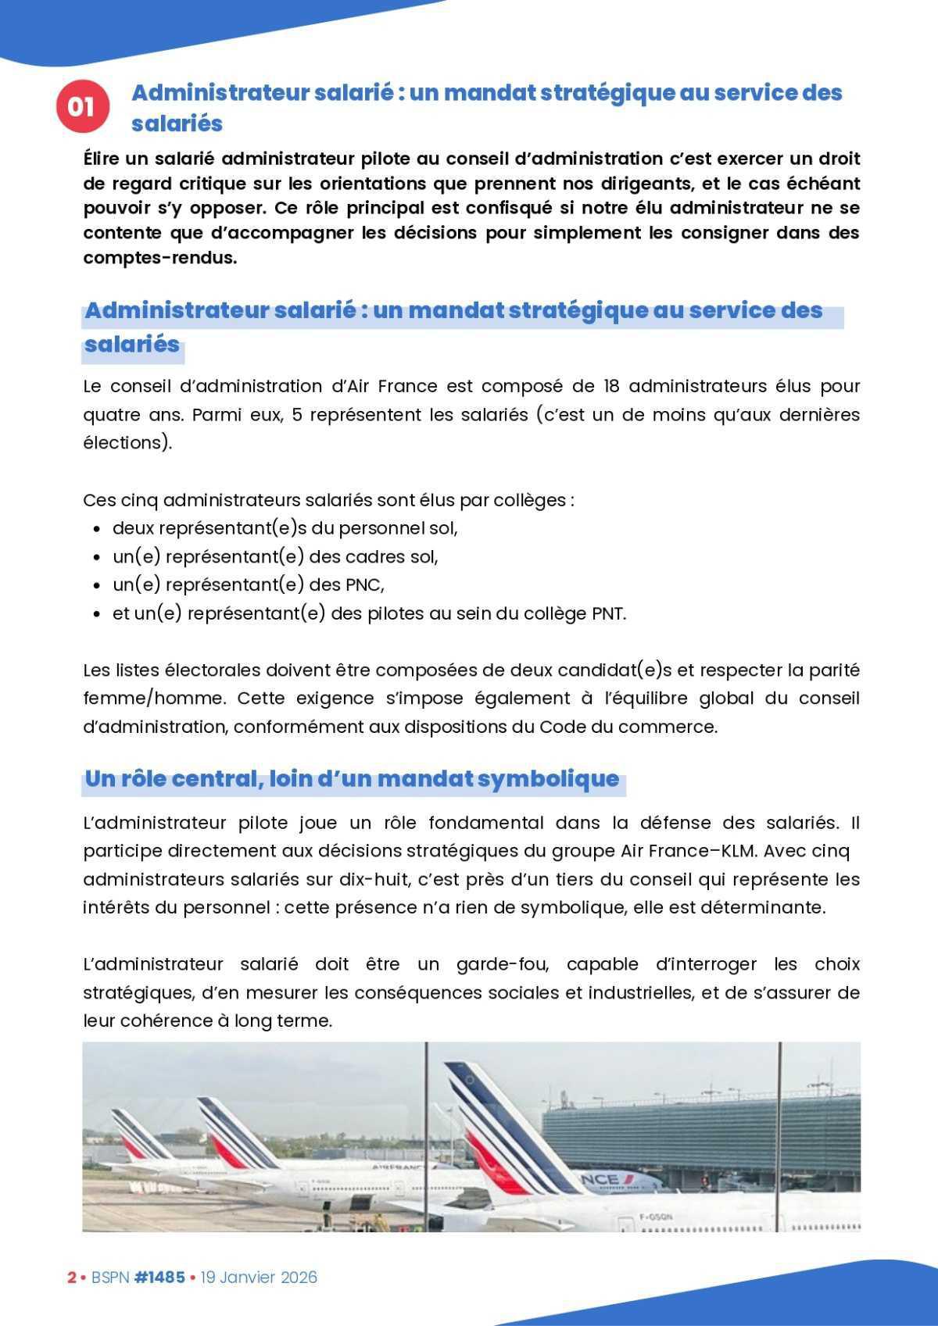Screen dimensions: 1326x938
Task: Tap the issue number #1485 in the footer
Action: point(159,1277)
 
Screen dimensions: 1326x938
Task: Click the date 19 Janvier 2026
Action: point(259,1277)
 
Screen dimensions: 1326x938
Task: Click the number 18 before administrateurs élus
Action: point(612,386)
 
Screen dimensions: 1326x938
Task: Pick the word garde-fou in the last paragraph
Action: point(502,964)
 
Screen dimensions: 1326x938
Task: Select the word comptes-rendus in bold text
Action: point(159,257)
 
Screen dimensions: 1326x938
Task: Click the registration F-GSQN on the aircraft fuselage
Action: point(655,1217)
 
